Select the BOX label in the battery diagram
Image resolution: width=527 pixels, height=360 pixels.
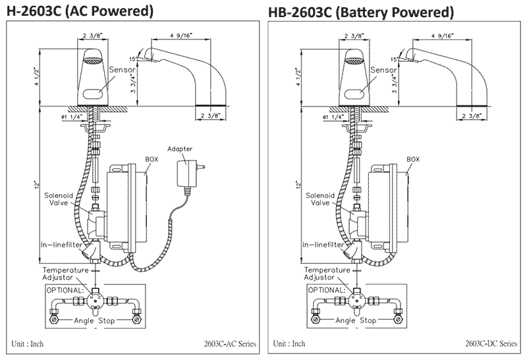(413, 159)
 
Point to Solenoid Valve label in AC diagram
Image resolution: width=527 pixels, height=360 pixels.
(56, 199)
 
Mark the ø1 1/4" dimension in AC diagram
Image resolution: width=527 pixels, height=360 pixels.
(73, 116)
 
